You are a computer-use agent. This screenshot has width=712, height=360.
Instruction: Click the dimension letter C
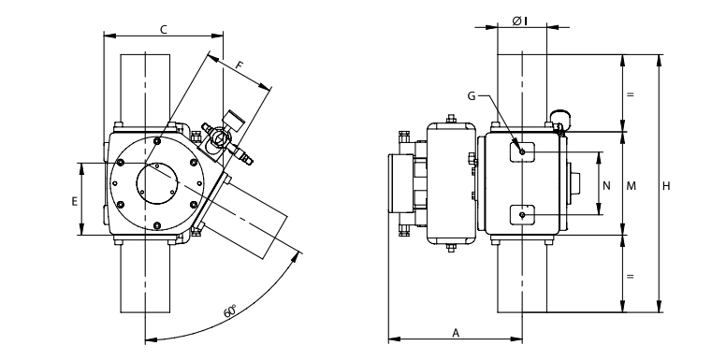coord(164,30)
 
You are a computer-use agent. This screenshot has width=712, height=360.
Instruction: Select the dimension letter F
coord(240,65)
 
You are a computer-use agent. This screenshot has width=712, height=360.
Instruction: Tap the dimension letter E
coord(75,201)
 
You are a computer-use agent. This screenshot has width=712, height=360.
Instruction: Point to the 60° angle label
coord(230,311)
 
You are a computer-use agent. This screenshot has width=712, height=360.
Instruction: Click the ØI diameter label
coord(519,21)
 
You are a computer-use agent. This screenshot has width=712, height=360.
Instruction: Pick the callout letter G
coord(472,96)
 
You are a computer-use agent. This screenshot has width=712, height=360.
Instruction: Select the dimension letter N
coord(606,186)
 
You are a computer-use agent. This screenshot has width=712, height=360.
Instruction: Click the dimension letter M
coord(631,186)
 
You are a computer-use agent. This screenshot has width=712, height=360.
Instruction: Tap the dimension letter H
coord(665,186)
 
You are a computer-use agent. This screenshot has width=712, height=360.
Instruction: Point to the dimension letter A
coord(456,333)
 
